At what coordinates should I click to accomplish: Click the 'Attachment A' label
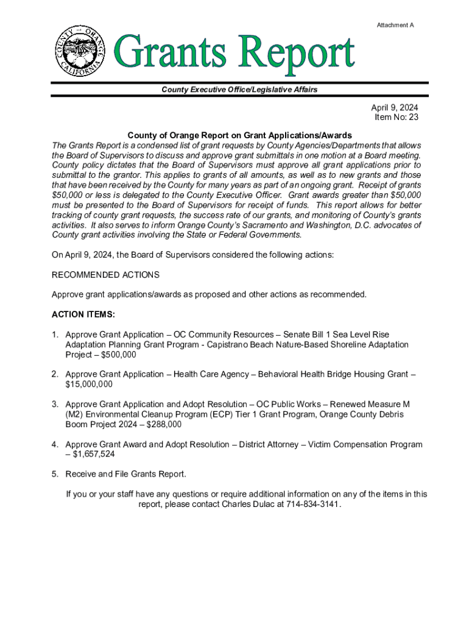click(395, 25)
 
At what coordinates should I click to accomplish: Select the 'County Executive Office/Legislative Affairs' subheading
click(239, 90)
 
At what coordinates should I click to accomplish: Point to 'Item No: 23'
click(397, 118)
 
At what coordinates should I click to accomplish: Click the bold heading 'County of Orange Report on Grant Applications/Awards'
click(239, 135)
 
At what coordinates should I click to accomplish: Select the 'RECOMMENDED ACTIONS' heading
click(105, 275)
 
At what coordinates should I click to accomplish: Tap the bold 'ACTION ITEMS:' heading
click(83, 314)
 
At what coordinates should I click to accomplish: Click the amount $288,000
click(164, 424)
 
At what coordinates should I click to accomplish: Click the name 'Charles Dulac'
click(249, 505)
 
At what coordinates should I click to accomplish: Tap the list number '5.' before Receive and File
click(55, 474)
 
